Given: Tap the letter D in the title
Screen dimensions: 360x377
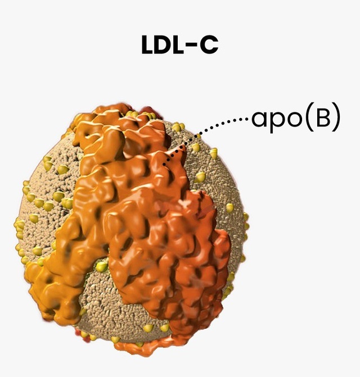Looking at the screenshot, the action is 164,46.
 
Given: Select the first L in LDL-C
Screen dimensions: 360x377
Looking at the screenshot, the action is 147,46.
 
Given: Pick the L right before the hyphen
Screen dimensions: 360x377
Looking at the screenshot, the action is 179,46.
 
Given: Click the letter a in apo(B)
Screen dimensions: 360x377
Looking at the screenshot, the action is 259,121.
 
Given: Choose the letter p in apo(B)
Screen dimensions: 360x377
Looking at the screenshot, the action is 277,122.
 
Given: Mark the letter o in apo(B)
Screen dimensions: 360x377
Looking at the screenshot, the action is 295,121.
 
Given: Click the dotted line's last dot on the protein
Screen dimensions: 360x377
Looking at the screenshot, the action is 164,165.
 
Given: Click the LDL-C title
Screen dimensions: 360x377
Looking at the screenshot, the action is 179,46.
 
